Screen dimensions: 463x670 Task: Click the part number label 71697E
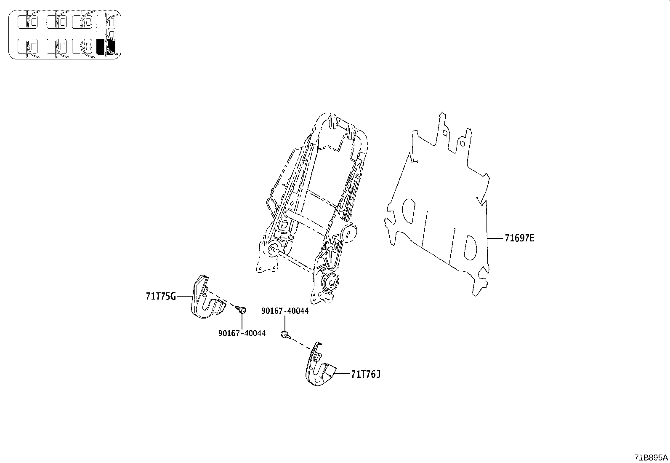point(519,238)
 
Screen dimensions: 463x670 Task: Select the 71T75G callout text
point(161,296)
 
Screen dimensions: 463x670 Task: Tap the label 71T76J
point(366,374)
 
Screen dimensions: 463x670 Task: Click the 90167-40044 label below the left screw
point(242,333)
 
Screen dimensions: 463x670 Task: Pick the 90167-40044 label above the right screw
point(285,311)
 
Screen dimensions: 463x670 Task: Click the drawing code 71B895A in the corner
point(651,457)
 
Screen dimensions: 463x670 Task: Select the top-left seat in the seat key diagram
point(27,21)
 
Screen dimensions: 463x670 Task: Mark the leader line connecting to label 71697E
point(496,238)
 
